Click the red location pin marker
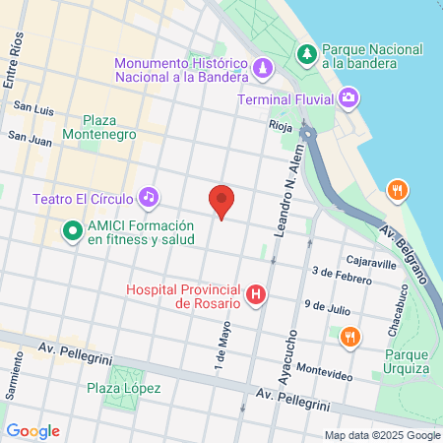pos(222,201)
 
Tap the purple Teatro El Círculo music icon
pos(148,197)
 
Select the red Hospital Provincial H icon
pos(256,294)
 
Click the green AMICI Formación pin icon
pos(71,231)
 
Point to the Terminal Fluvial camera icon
pos(348,97)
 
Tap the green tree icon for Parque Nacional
pos(307,53)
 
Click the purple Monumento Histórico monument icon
pos(262,68)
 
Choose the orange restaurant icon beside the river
pos(397,190)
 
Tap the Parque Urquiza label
pos(407,361)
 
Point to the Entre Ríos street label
pos(13,63)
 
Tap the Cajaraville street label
pos(370,263)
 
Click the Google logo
pos(32,430)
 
